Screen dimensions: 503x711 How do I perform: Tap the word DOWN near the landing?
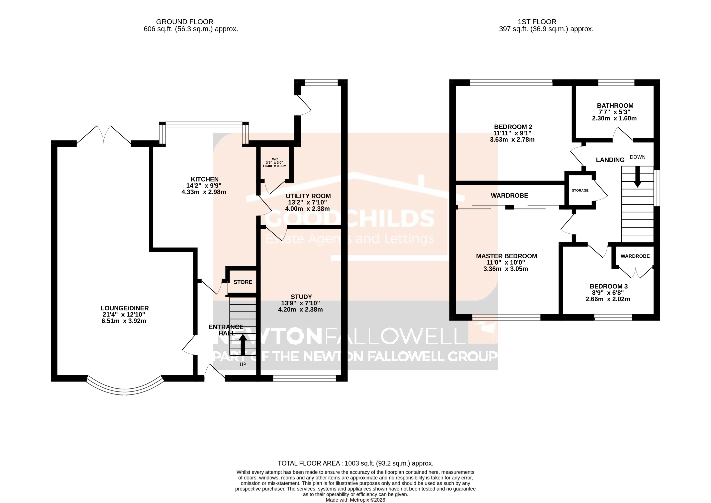pos(637,157)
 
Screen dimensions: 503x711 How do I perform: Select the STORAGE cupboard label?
pos(580,191)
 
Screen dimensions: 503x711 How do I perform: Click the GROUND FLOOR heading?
pos(185,22)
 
